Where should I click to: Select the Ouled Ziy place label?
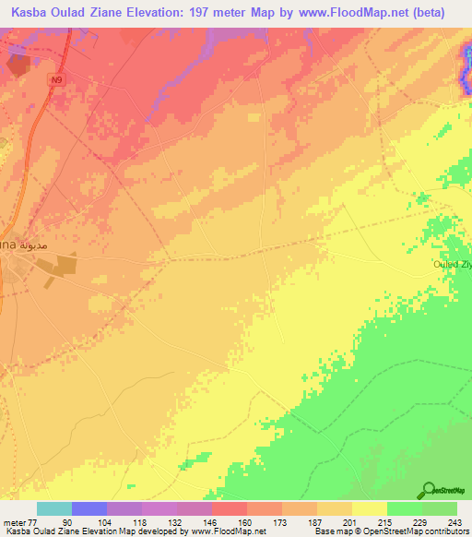click(453, 265)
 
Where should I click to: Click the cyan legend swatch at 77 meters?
click(53, 508)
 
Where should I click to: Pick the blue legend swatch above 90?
click(88, 508)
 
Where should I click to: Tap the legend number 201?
click(340, 522)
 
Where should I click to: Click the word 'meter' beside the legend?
click(14, 522)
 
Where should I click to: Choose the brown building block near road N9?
click(18, 65)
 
